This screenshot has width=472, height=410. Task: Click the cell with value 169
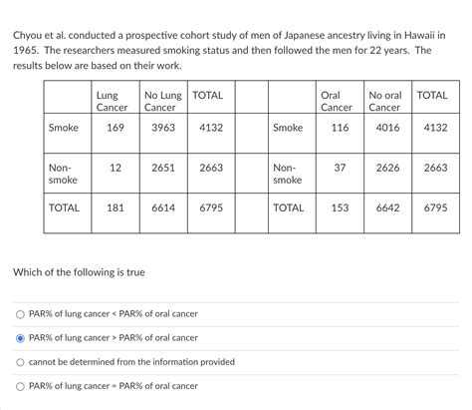[116, 128]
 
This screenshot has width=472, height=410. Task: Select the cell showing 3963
[163, 128]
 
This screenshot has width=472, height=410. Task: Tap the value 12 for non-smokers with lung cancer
[116, 168]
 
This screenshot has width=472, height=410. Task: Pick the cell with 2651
[163, 168]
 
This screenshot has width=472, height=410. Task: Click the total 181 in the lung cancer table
[116, 207]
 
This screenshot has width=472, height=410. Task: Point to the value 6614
[163, 207]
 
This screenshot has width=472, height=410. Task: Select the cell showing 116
[340, 128]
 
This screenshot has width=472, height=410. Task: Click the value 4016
[387, 128]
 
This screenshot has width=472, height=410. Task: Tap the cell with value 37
[340, 168]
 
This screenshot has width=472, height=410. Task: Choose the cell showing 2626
[387, 168]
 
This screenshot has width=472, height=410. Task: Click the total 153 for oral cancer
[340, 207]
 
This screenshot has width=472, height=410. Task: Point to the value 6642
[387, 207]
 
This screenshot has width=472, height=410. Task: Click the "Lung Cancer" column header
[112, 101]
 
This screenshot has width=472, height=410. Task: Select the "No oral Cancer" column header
[385, 101]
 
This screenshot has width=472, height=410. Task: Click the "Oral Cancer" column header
[337, 101]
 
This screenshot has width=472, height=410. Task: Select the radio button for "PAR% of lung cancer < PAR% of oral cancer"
[19, 314]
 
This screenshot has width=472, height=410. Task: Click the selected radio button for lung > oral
[19, 338]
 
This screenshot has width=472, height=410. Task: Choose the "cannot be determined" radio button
[19, 362]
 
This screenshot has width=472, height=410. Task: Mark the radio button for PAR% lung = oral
[19, 386]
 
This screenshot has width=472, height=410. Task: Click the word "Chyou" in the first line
[29, 34]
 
